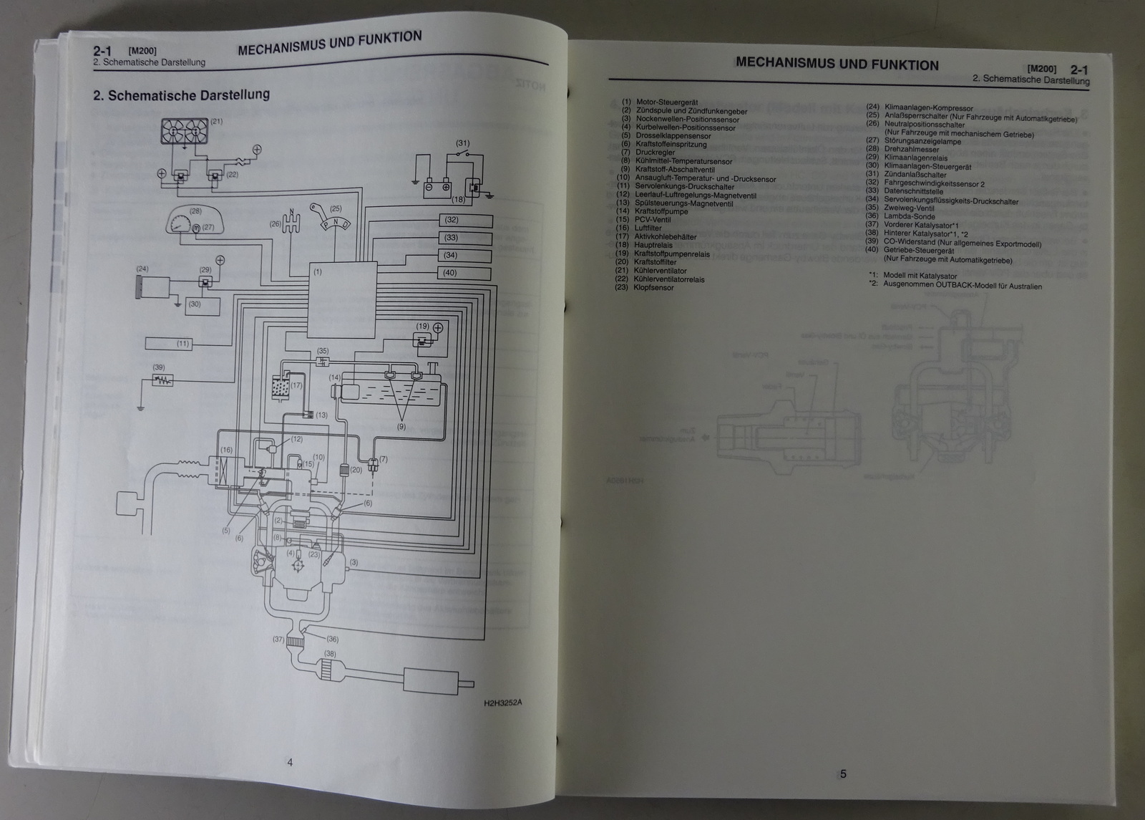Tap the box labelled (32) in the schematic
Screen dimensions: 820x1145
point(465,220)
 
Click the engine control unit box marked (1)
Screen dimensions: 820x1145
point(343,300)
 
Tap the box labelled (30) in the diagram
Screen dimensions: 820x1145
point(203,304)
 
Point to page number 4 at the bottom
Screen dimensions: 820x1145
point(290,763)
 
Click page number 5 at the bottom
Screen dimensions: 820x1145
point(843,773)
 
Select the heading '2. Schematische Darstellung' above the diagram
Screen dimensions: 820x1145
point(181,95)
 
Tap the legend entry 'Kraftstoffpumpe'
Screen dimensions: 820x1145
point(661,211)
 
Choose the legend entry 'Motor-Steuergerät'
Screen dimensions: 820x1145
point(666,102)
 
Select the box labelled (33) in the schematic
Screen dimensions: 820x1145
point(465,238)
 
